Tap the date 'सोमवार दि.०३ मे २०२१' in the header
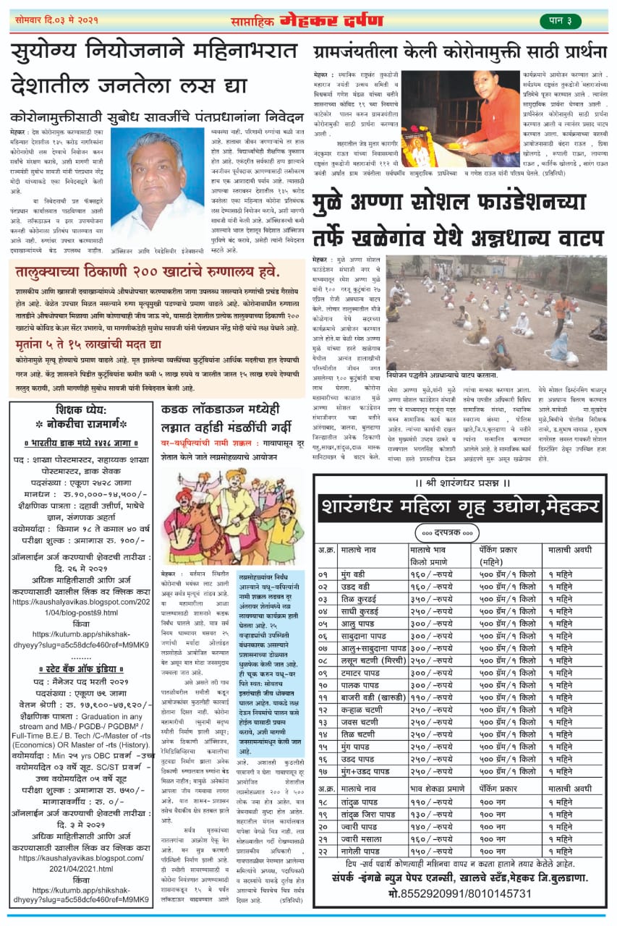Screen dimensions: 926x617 click(x=56, y=20)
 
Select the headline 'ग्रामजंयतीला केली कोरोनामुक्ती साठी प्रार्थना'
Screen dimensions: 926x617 click(x=460, y=52)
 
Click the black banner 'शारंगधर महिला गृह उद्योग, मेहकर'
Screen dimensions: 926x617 click(x=461, y=504)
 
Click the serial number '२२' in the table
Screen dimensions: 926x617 click(x=326, y=851)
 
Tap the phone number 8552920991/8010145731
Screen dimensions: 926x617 click(x=460, y=893)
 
